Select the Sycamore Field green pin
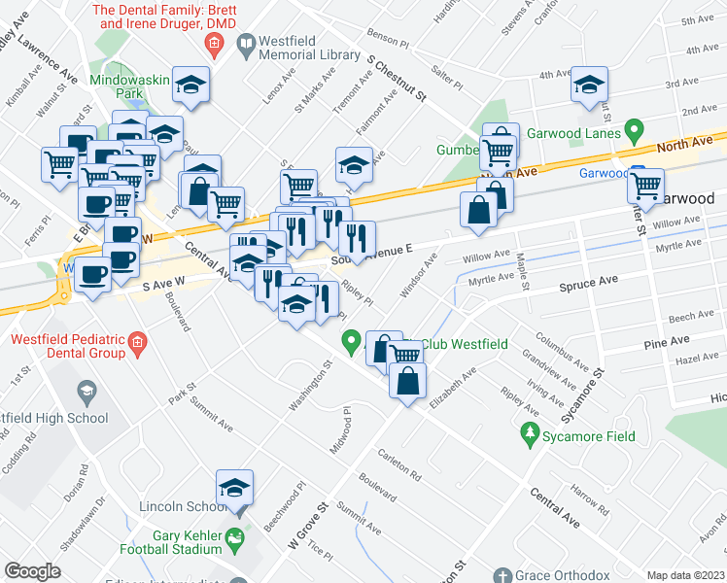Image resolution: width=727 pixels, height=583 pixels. click(x=531, y=431)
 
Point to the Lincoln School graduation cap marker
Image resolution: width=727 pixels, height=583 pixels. click(x=234, y=489)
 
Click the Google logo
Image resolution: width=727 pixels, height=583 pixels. click(x=32, y=571)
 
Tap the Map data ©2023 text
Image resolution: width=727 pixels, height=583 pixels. click(x=684, y=575)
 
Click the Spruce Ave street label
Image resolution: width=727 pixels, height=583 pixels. click(x=588, y=282)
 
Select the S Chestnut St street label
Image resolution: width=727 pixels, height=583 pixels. click(x=398, y=77)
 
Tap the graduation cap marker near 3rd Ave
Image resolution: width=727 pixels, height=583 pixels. click(x=589, y=86)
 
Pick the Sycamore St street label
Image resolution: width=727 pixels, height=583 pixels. click(x=588, y=384)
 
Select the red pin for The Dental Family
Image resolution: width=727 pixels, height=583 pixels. click(x=216, y=43)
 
